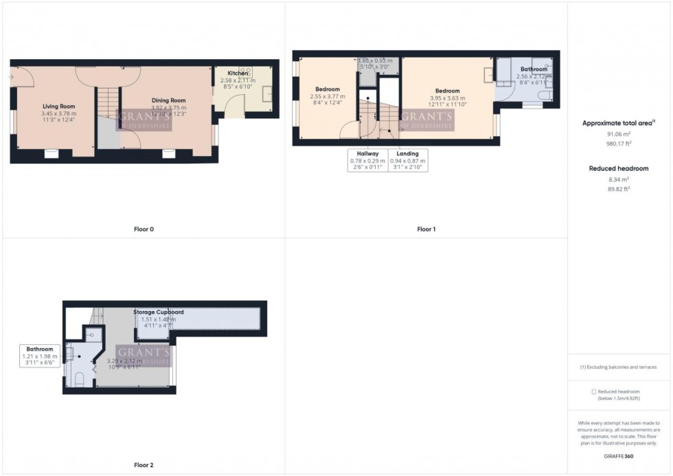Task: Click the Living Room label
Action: pyautogui.click(x=58, y=106)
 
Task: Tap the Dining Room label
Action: pyautogui.click(x=169, y=100)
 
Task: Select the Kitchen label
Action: pyautogui.click(x=238, y=73)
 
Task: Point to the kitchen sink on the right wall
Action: pyautogui.click(x=267, y=93)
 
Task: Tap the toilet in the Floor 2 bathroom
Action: pyautogui.click(x=78, y=379)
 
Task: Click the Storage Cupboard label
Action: pyautogui.click(x=159, y=312)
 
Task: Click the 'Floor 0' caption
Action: pyautogui.click(x=144, y=229)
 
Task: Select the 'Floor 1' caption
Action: pyautogui.click(x=426, y=229)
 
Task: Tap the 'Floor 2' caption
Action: pyautogui.click(x=144, y=465)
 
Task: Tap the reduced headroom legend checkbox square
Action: pyautogui.click(x=594, y=392)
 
